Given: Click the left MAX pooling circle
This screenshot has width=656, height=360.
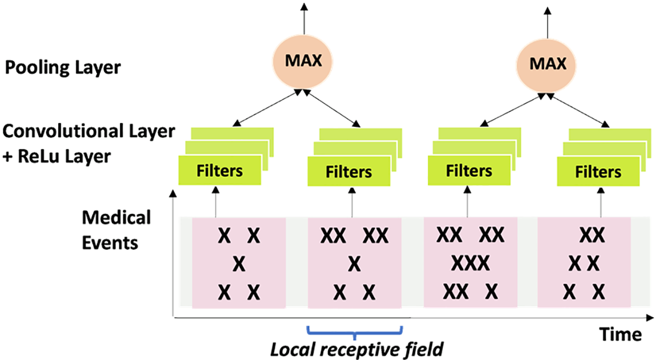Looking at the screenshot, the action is click(303, 61).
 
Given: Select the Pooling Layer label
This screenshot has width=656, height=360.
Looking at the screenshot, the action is click(63, 68).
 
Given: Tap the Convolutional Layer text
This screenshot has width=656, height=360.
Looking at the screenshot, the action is click(88, 131).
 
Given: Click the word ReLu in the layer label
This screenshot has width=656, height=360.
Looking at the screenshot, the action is click(38, 156).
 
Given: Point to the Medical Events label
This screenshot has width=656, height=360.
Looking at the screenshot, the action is click(116, 230).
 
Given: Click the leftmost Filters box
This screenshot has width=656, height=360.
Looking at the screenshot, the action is click(220, 171).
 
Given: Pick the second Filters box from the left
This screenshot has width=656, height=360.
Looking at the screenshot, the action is click(349, 171).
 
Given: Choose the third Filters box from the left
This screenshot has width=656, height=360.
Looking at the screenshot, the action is click(469, 171).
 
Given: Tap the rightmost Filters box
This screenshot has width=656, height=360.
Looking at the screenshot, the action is click(598, 171).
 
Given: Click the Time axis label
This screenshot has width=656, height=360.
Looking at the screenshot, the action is click(621, 334).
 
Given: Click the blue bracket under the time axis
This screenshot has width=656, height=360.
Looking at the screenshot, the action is click(355, 334).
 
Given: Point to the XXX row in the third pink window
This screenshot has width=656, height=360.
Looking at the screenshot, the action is click(470, 264).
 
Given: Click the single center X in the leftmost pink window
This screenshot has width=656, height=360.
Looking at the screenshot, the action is click(238, 264).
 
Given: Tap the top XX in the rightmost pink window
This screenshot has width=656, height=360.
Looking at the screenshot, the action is click(592, 235).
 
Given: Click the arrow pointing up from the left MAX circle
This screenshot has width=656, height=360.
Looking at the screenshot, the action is click(304, 18).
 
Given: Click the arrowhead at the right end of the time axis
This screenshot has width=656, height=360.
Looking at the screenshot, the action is click(649, 318).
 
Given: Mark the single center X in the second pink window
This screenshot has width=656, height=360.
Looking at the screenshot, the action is click(354, 264).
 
